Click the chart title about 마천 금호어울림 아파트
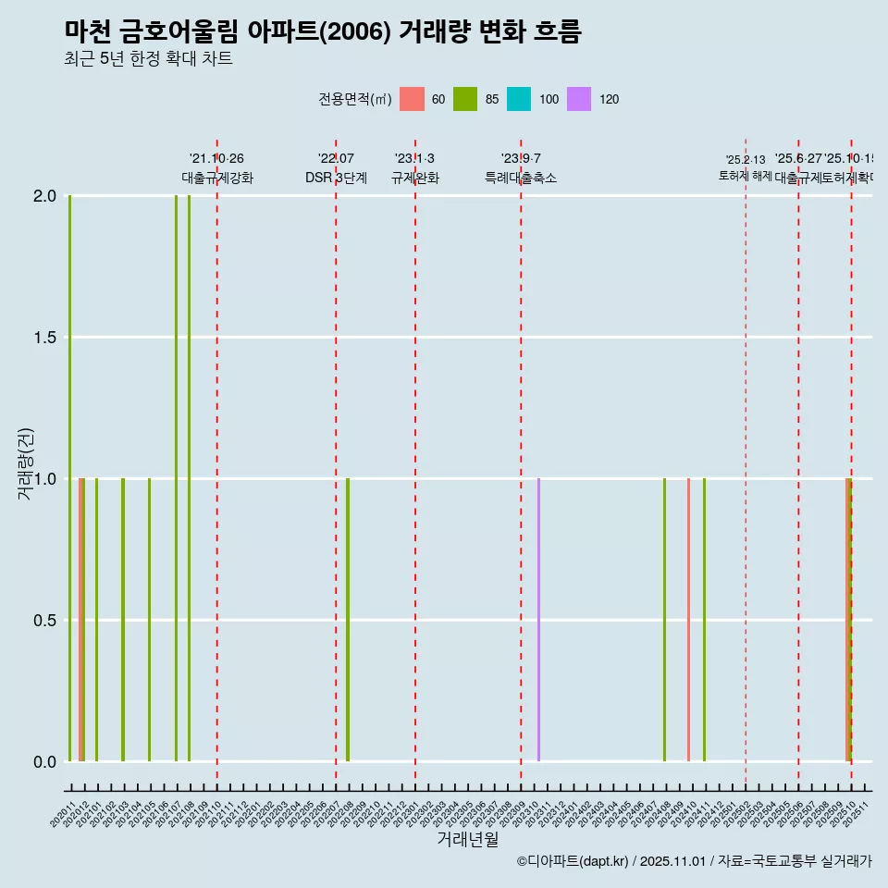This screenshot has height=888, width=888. pyautogui.click(x=323, y=31)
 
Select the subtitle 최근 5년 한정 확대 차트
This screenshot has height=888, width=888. pyautogui.click(x=148, y=59)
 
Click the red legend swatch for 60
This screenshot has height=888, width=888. pyautogui.click(x=412, y=99)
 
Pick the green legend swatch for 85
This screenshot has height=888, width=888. pyautogui.click(x=465, y=99)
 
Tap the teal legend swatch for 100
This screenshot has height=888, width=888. pyautogui.click(x=519, y=99)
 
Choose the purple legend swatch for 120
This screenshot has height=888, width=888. pyautogui.click(x=578, y=99)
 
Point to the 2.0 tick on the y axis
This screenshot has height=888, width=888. pyautogui.click(x=44, y=196)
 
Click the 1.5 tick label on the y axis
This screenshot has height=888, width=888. pyautogui.click(x=44, y=338)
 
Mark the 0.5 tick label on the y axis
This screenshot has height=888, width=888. pyautogui.click(x=44, y=620)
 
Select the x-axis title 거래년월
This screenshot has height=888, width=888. pyautogui.click(x=467, y=840)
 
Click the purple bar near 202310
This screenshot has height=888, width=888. pyautogui.click(x=538, y=620)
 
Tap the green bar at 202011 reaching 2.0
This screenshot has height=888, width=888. pyautogui.click(x=69, y=478)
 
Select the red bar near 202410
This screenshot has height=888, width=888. pyautogui.click(x=688, y=620)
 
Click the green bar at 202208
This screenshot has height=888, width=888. pyautogui.click(x=348, y=620)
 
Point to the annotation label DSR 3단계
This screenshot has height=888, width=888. pyautogui.click(x=336, y=179)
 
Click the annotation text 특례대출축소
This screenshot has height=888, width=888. pyautogui.click(x=521, y=179)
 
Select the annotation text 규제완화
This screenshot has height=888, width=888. pyautogui.click(x=414, y=179)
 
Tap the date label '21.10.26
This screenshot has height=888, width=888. pyautogui.click(x=216, y=159)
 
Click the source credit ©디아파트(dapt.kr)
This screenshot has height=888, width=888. pyautogui.click(x=573, y=861)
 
